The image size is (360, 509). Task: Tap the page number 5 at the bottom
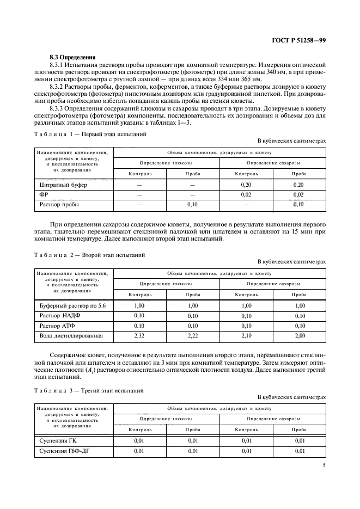pyautogui.click(x=324, y=465)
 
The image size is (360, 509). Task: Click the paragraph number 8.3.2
pyautogui.click(x=58, y=86)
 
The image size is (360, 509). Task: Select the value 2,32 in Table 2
pyautogui.click(x=139, y=335)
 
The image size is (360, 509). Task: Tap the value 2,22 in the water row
pyautogui.click(x=193, y=335)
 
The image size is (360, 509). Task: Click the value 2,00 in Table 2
pyautogui.click(x=299, y=335)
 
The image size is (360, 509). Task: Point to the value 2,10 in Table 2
pyautogui.click(x=246, y=335)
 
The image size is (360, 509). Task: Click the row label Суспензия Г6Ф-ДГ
pyautogui.click(x=64, y=451)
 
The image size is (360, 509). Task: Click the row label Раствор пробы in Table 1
pyautogui.click(x=59, y=205)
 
